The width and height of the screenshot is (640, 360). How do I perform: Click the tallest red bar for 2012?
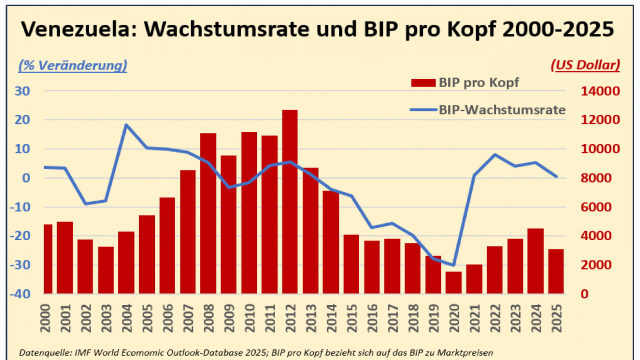[290, 200]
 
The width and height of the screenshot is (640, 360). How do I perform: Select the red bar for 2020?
[453, 282]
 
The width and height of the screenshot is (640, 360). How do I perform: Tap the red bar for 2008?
[208, 212]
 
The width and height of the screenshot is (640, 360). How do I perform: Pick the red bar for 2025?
[556, 271]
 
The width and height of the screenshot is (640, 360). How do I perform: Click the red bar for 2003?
[105, 270]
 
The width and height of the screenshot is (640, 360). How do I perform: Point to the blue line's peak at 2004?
[126, 124]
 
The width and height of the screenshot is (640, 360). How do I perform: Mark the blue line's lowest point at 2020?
[453, 265]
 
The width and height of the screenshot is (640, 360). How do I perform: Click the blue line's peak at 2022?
[494, 154]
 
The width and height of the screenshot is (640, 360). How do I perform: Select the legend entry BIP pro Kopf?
[465, 83]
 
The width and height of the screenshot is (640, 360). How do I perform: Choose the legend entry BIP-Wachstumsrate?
[488, 110]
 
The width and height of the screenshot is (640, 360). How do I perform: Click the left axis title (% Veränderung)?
[73, 65]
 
